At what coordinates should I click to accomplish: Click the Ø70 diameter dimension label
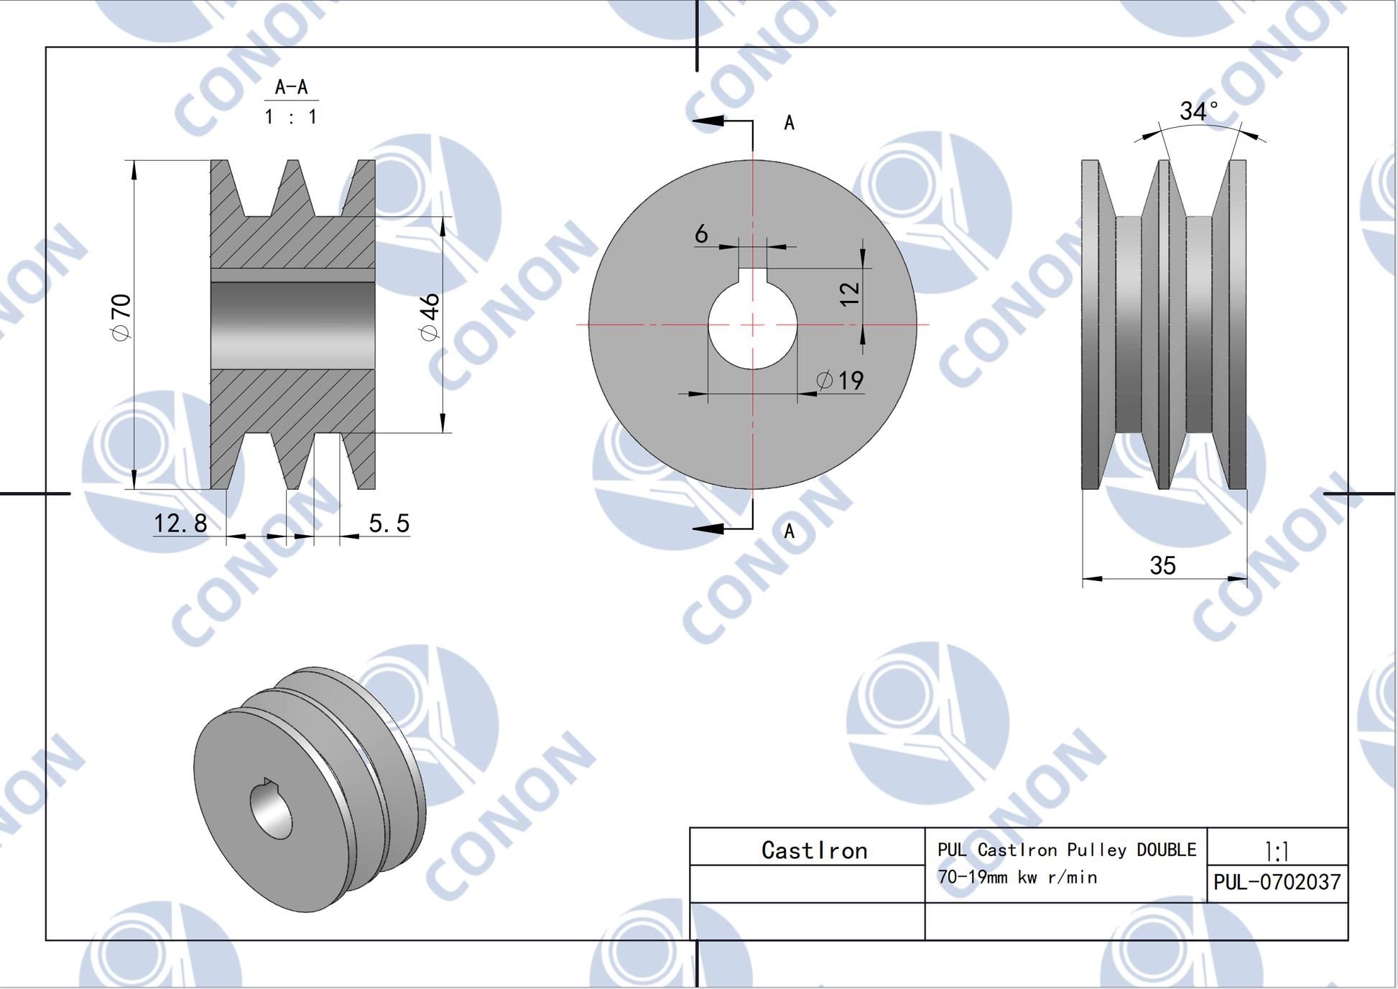point(121,317)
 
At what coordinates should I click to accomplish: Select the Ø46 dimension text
point(429,317)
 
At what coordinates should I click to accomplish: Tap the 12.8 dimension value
point(180,524)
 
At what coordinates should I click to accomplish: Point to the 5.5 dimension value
point(389,524)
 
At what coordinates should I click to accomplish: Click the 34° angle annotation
point(1198,111)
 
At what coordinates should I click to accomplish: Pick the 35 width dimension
point(1162,565)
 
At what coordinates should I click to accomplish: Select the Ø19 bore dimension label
point(840,380)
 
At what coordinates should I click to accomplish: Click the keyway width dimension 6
point(701,233)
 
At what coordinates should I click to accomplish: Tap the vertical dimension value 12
point(849,294)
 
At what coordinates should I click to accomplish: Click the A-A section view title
point(291,87)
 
